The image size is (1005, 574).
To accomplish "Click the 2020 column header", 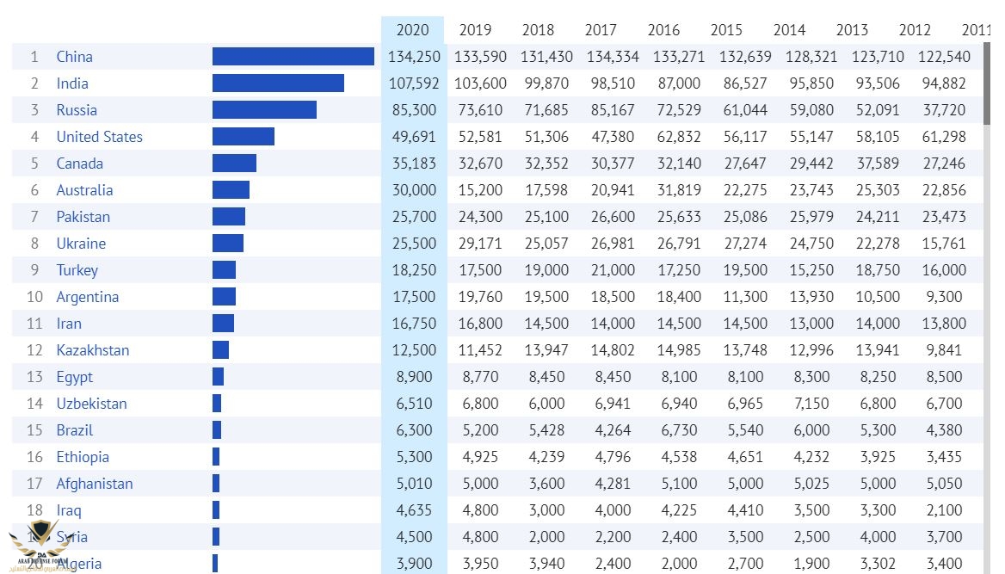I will click(412, 30).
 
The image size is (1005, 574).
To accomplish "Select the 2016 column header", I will click(663, 30).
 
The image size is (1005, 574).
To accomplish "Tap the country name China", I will click(74, 57).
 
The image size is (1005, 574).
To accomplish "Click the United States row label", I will click(99, 137).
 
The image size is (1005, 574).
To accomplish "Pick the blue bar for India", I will click(278, 83).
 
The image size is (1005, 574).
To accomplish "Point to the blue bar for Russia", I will click(264, 110).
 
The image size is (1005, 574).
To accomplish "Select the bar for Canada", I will click(234, 164).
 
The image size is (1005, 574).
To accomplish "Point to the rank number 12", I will click(34, 350).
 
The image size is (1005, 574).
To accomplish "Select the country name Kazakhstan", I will click(93, 350).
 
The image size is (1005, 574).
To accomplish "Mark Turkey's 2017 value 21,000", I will click(609, 270).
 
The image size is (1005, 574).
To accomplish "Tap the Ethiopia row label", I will click(83, 457).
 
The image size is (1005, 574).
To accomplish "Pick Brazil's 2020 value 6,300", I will click(416, 430).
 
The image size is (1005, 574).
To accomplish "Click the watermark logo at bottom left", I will click(34, 544).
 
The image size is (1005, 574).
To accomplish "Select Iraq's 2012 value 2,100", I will click(944, 510).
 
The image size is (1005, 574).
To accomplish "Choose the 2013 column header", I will click(852, 30).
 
